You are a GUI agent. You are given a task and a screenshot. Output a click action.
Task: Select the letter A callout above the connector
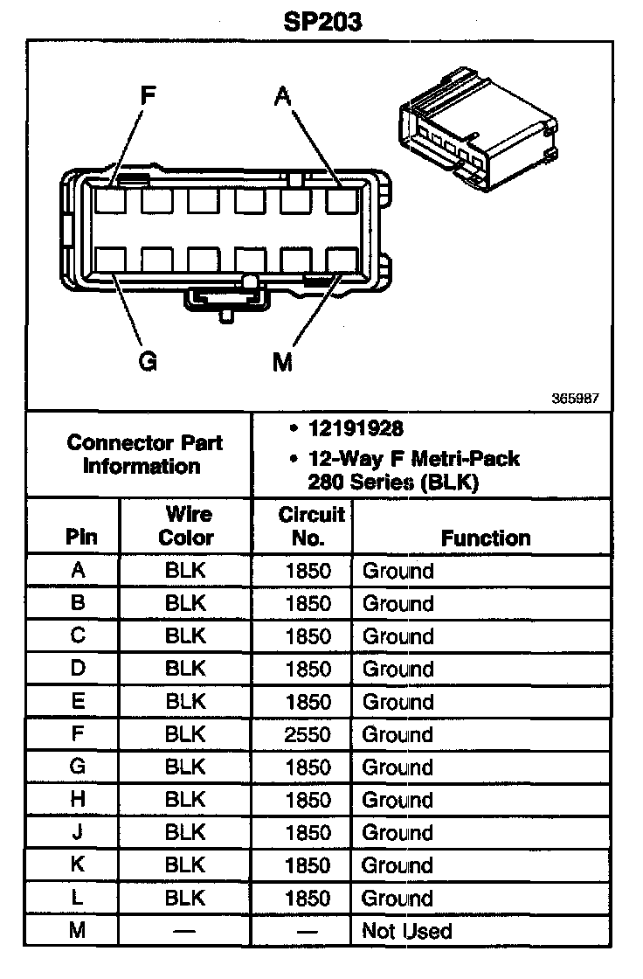281,95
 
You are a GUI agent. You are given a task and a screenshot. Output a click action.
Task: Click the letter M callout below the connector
281,361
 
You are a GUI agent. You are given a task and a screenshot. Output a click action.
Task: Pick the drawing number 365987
575,398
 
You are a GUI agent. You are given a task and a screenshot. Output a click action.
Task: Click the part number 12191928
355,429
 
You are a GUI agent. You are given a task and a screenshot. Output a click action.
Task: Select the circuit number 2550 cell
308,735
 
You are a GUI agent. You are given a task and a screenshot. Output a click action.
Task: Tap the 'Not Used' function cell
407,932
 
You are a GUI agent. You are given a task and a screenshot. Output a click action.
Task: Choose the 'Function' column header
486,538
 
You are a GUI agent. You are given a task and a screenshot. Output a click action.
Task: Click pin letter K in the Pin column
78,866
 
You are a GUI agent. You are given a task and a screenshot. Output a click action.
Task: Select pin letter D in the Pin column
78,670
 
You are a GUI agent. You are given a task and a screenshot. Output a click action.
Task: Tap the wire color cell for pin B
185,604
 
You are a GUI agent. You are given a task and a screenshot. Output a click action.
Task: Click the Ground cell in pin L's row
398,899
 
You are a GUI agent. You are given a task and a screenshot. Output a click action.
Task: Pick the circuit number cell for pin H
308,801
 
